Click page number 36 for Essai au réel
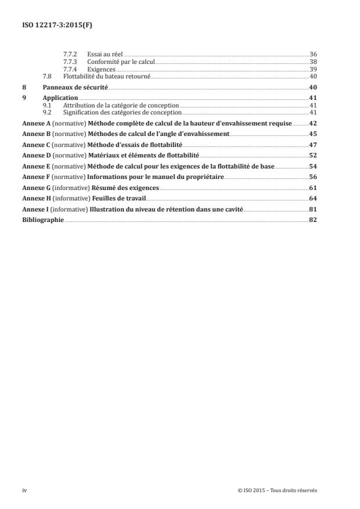tap(313, 54)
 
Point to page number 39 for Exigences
tap(313, 69)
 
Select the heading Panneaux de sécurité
tap(75, 87)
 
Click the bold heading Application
tap(60, 98)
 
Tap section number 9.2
tap(48, 112)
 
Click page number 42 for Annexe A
tap(312, 123)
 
